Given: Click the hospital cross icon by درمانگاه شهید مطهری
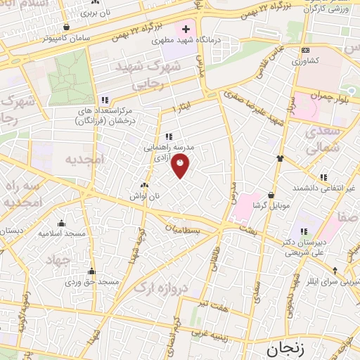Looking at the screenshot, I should coord(186,30).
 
